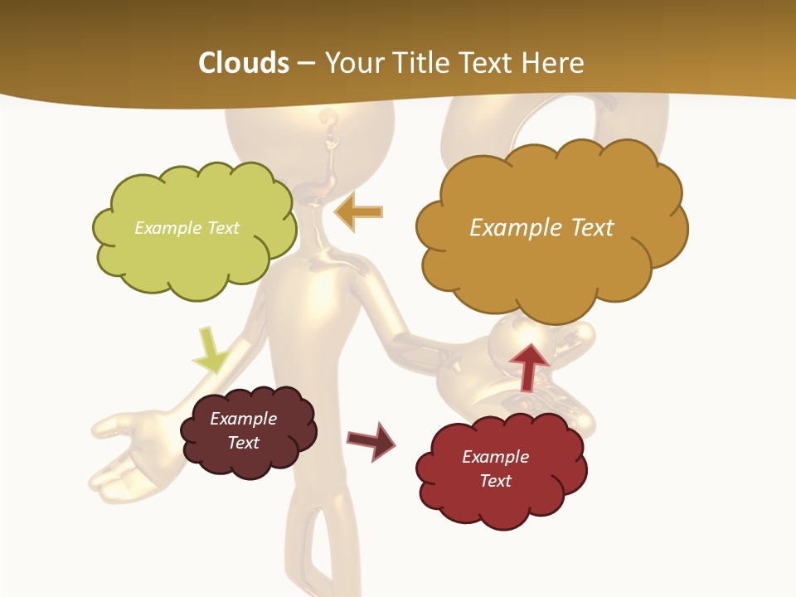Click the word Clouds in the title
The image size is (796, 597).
244,63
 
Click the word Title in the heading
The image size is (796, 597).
418,63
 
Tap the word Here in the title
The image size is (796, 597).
554,63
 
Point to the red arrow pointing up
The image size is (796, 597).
528,364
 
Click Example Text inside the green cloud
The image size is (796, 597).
187,228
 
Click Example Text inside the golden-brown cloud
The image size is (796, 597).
541,228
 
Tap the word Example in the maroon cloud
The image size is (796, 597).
243,419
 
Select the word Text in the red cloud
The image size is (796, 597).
495,481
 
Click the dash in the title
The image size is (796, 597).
307,63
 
